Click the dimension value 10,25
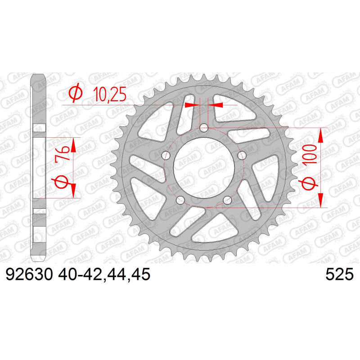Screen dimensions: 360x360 (x=110, y=94)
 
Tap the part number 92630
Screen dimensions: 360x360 (x=29, y=274)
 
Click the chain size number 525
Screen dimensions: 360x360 (x=340, y=274)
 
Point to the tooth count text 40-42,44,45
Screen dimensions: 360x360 (x=104, y=274)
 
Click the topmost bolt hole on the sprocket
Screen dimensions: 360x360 (x=204, y=128)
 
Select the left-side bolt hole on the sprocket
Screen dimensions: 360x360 (x=166, y=155)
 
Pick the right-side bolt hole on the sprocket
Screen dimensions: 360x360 (x=242, y=155)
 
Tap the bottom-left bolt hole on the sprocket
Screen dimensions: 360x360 (x=180, y=200)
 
